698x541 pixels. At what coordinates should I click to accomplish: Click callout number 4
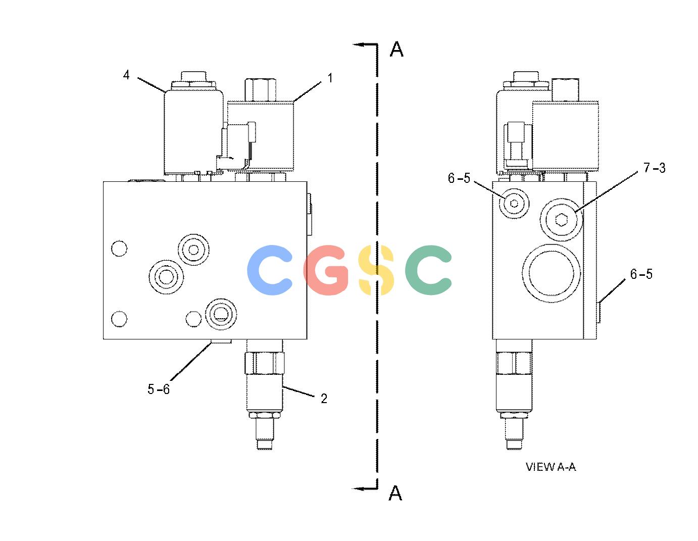pos(126,75)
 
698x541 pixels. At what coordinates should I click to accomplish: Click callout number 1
pos(330,78)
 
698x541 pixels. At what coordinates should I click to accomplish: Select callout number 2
pos(324,399)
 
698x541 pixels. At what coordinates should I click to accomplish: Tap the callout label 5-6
pos(159,389)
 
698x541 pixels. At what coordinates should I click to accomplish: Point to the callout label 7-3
pos(655,168)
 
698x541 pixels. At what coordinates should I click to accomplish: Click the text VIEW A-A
pos(551,467)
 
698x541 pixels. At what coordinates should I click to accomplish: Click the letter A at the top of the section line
pos(396,49)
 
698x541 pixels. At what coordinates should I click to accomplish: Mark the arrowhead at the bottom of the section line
pos(358,488)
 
